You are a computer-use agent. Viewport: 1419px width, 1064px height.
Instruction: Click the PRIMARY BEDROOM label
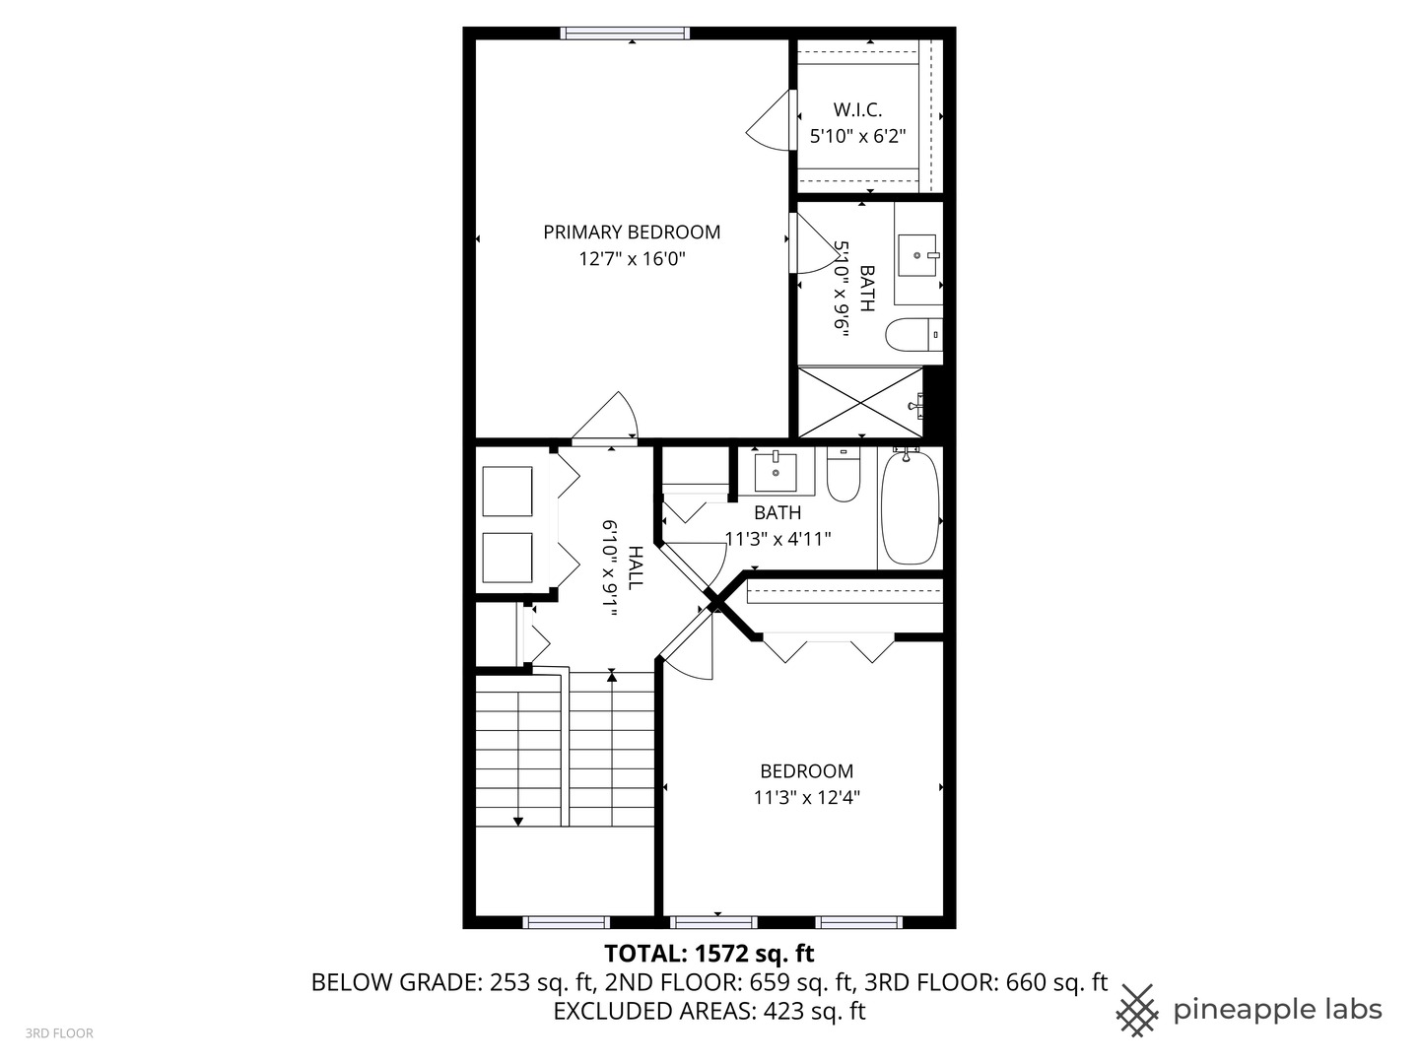point(632,233)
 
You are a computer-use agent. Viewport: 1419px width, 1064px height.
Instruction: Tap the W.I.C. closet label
point(857,110)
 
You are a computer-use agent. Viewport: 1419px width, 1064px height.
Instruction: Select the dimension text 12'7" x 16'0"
point(632,259)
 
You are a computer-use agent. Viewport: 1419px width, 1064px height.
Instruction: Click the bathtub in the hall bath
point(909,508)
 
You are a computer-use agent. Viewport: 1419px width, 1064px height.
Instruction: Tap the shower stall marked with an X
point(860,402)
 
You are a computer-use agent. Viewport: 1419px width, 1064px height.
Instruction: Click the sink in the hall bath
point(776,472)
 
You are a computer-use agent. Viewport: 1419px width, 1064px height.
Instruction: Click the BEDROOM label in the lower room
point(806,771)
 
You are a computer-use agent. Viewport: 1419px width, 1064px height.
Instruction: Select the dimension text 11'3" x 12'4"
point(806,798)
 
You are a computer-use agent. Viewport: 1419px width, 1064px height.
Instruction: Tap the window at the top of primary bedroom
point(625,33)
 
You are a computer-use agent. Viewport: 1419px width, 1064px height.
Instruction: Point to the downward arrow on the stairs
point(518,820)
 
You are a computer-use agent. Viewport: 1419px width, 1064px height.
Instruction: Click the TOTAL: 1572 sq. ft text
point(709,954)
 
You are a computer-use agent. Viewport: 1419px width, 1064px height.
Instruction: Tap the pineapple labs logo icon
point(1137,1010)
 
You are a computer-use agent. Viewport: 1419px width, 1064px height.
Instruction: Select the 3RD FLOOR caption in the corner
point(59,1033)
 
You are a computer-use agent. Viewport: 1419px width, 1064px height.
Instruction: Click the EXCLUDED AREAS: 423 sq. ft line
point(709,1011)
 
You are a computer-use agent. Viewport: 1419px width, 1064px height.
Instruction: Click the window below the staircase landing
point(567,922)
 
